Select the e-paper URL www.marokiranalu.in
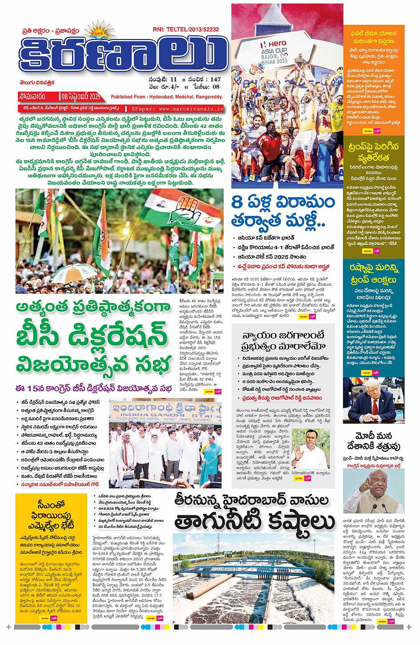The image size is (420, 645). pyautogui.click(x=184, y=108)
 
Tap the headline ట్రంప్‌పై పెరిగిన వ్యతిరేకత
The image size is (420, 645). pyautogui.click(x=374, y=152)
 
